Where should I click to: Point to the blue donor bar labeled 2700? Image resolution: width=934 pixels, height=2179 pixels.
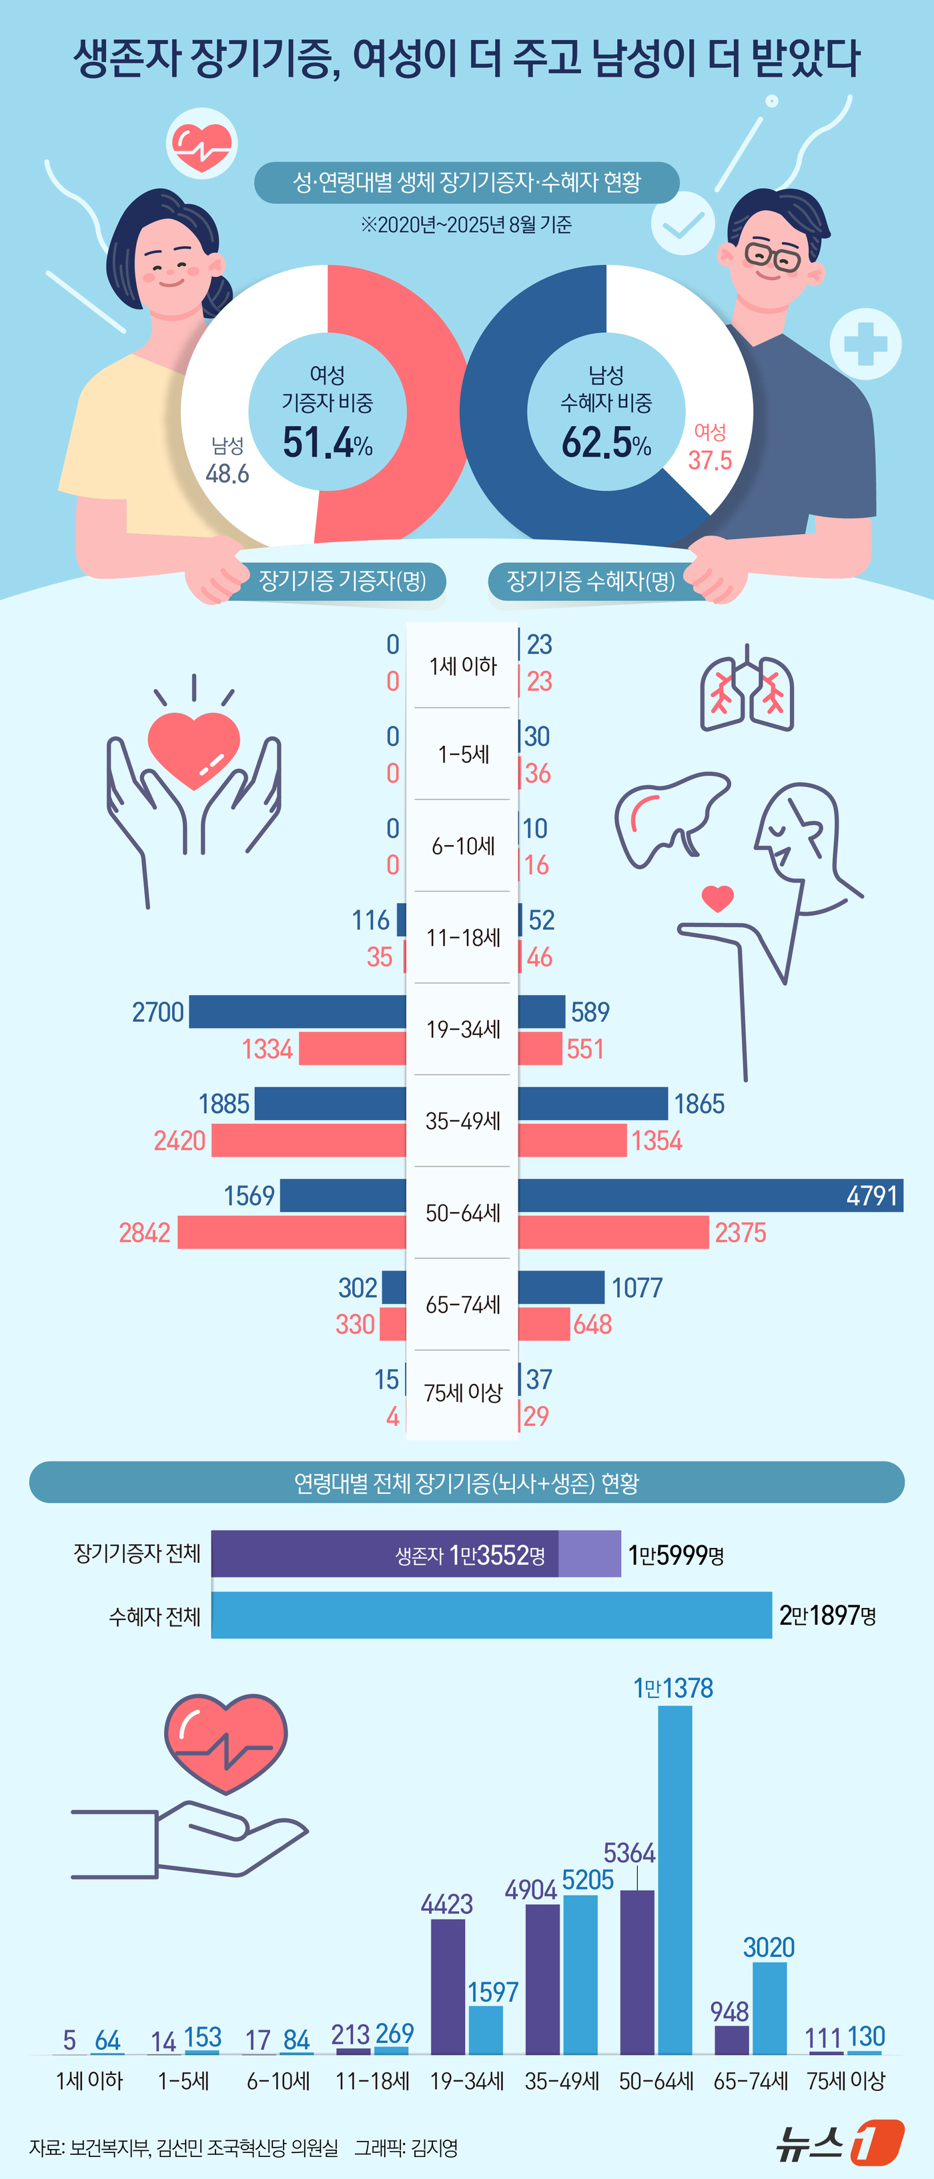297,1011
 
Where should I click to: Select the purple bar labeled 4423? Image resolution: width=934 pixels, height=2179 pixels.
448,1986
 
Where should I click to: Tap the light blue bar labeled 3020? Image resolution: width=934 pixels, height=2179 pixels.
769,2008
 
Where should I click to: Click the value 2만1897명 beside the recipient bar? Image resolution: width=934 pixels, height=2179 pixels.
827,1615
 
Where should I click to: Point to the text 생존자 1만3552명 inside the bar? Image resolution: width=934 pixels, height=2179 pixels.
470,1555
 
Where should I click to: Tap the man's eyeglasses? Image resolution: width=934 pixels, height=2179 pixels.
773,255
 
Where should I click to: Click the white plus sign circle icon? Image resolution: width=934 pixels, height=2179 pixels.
865,343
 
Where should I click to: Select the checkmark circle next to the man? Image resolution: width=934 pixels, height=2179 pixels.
682,223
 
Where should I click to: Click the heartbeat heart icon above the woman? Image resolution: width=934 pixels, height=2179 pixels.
201,144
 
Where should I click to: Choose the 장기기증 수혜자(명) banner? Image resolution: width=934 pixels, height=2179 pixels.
590,580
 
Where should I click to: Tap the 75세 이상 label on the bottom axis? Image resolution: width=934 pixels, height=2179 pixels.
845,2080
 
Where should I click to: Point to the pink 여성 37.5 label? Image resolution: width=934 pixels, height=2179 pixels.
710,448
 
